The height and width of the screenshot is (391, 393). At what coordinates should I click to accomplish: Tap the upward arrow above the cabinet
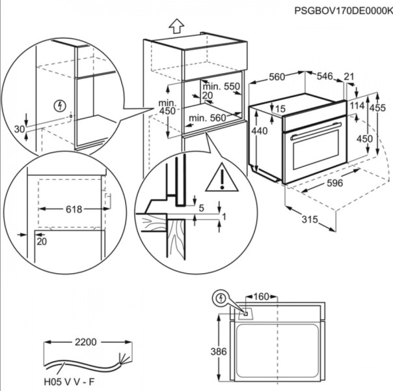176,27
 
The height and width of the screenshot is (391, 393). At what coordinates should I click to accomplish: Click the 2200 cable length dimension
85,341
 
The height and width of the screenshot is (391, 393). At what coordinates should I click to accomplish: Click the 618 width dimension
73,209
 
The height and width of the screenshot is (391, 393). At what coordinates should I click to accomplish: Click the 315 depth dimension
309,220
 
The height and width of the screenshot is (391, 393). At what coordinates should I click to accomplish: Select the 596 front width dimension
334,184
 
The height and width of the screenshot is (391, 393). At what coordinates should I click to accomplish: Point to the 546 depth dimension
325,77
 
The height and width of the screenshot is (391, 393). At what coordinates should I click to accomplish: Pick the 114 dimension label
357,106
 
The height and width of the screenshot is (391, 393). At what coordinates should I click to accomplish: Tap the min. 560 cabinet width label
208,118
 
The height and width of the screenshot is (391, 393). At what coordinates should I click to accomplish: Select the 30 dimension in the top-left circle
18,129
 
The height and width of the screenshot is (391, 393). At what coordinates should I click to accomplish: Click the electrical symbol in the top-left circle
61,105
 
